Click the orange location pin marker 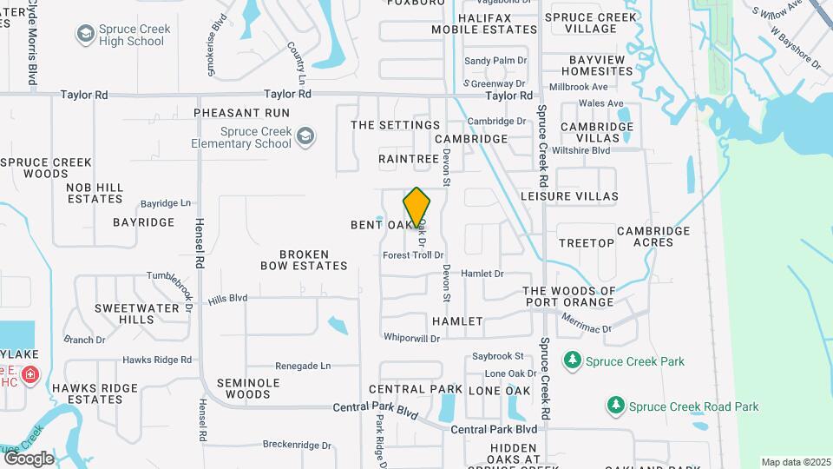416,208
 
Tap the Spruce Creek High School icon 85,35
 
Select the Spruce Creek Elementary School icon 305,136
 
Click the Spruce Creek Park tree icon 572,360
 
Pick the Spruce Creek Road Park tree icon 615,406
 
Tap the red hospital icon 30,375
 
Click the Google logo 29,458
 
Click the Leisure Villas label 569,196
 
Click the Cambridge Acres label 653,236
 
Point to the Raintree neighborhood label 409,159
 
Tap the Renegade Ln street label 303,366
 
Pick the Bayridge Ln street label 166,203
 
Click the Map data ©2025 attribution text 796,462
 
